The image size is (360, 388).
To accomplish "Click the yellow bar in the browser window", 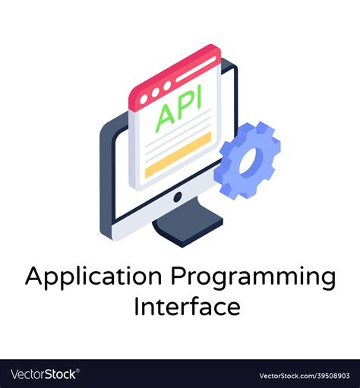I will [x=178, y=155].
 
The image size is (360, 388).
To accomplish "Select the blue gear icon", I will [x=248, y=159].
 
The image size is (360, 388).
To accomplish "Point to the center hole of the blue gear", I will [x=249, y=160].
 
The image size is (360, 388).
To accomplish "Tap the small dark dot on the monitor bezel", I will [x=177, y=197].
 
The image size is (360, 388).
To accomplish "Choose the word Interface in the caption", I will [x=187, y=306].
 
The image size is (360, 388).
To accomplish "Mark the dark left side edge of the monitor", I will [x=105, y=182].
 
